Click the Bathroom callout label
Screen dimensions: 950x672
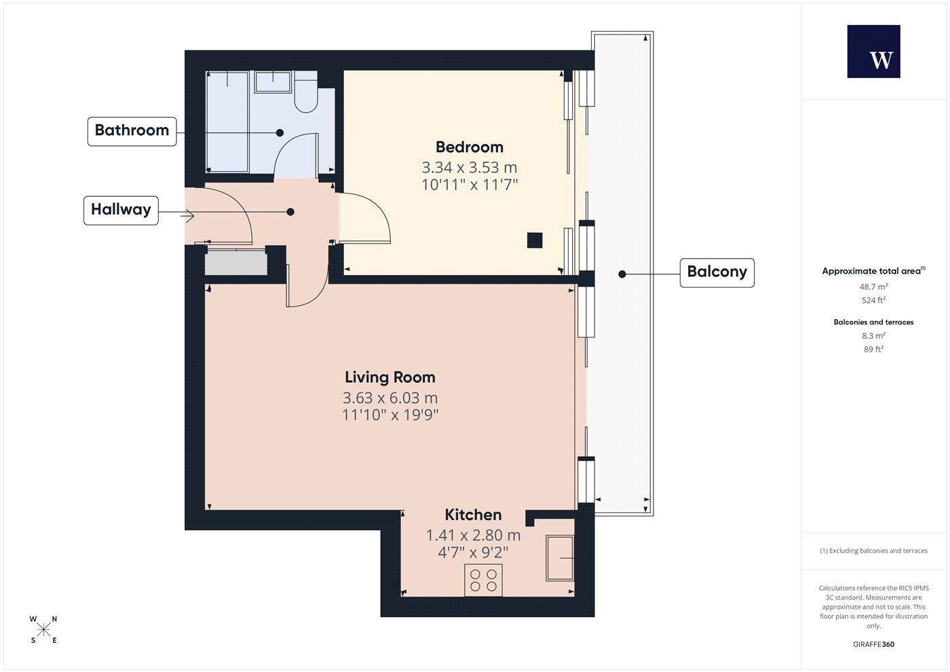pyautogui.click(x=132, y=132)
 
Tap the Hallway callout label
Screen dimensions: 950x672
pyautogui.click(x=121, y=210)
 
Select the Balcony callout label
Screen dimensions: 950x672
pyautogui.click(x=717, y=273)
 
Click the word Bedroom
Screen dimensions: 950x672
pyautogui.click(x=470, y=147)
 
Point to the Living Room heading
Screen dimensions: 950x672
pyautogui.click(x=389, y=377)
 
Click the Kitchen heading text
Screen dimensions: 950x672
pyautogui.click(x=473, y=515)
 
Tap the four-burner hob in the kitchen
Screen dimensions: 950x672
pyautogui.click(x=483, y=580)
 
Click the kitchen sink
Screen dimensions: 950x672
pyautogui.click(x=560, y=558)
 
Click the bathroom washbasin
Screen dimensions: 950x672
pyautogui.click(x=273, y=82)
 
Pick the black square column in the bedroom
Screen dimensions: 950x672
pyautogui.click(x=535, y=240)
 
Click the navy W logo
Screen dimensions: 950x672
pyautogui.click(x=874, y=52)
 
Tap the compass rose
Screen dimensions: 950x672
pyautogui.click(x=43, y=630)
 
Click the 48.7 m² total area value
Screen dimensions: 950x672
pyautogui.click(x=874, y=286)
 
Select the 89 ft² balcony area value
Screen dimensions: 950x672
pyautogui.click(x=874, y=349)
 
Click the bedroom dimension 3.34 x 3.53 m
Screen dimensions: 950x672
pyautogui.click(x=470, y=168)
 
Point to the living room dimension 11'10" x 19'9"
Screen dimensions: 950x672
pyautogui.click(x=390, y=415)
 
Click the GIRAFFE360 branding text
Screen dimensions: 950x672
pyautogui.click(x=874, y=644)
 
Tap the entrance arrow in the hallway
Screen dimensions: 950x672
pyautogui.click(x=187, y=216)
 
